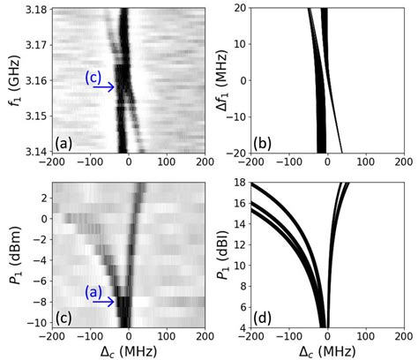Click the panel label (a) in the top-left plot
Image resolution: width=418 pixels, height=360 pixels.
coord(64,142)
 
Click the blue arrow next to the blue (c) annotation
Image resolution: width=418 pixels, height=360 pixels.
coord(104,87)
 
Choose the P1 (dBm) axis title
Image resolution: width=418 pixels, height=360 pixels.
coord(11,255)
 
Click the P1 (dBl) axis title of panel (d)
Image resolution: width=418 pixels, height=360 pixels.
coord(219,255)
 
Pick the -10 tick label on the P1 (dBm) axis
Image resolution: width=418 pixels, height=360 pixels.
coord(38,323)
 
